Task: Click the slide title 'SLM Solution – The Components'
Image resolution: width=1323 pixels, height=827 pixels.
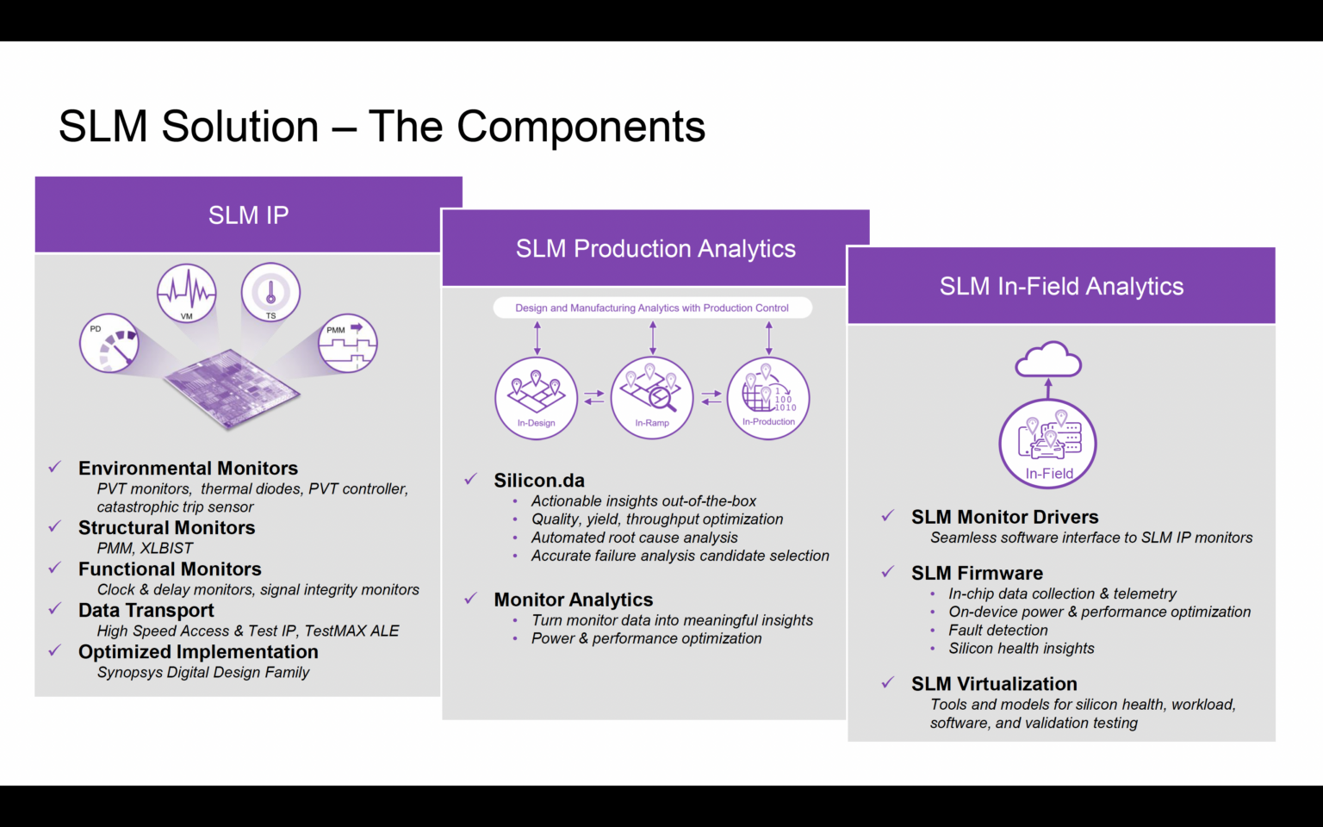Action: (382, 127)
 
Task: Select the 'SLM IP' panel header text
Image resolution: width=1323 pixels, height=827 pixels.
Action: (248, 215)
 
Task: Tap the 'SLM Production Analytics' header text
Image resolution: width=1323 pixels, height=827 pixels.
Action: (655, 249)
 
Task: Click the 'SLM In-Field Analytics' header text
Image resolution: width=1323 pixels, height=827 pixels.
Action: (1061, 287)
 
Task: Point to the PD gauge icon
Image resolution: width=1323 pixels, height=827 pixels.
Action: (109, 344)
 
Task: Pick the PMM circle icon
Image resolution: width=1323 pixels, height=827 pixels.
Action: (348, 343)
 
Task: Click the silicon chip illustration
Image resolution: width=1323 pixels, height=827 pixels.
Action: (233, 388)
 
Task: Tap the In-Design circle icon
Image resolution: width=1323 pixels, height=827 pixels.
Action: (536, 398)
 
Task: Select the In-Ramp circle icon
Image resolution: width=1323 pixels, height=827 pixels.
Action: (652, 398)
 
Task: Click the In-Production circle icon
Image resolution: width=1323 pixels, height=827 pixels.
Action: (768, 398)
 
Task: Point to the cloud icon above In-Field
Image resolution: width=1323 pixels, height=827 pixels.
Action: (1048, 360)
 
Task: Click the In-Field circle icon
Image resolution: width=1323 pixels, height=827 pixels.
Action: (1048, 444)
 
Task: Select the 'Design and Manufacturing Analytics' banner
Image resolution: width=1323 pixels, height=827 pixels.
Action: (652, 308)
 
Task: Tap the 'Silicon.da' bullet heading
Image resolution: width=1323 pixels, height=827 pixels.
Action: (539, 481)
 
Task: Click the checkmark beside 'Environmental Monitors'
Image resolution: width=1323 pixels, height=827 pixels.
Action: (54, 467)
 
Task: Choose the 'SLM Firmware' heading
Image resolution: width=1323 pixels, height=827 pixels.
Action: (977, 574)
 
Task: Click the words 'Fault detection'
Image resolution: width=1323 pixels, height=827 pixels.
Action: (998, 631)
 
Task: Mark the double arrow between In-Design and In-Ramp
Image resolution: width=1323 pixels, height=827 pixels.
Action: (594, 398)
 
